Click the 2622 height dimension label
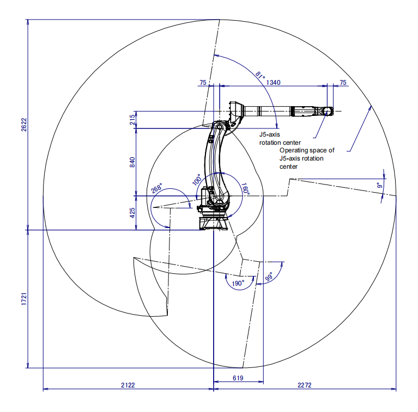[24, 124]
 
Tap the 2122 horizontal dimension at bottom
[128, 385]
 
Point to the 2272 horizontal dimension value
[305, 385]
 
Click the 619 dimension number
[238, 377]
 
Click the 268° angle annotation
[157, 187]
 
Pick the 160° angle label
[245, 190]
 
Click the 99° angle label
[269, 278]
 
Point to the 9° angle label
[380, 185]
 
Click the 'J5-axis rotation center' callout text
[280, 138]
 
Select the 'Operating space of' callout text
[306, 150]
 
